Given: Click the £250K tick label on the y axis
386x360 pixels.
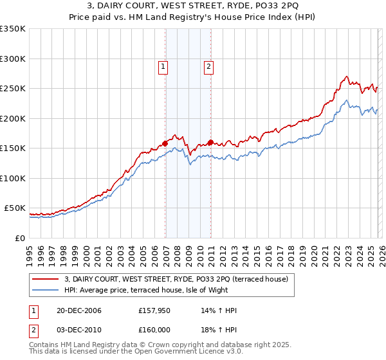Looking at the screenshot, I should click(x=13, y=89).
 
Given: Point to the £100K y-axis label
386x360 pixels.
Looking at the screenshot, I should click(x=13, y=178).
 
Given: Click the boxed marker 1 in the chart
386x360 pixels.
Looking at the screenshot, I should click(x=163, y=66).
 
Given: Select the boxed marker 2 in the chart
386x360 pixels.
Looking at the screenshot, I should click(x=209, y=66).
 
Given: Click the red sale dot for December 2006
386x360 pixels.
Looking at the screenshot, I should click(x=165, y=143).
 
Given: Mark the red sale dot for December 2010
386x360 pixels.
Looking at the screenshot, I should click(x=210, y=142).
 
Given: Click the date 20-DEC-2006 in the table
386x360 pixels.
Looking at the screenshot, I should click(x=75, y=310).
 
